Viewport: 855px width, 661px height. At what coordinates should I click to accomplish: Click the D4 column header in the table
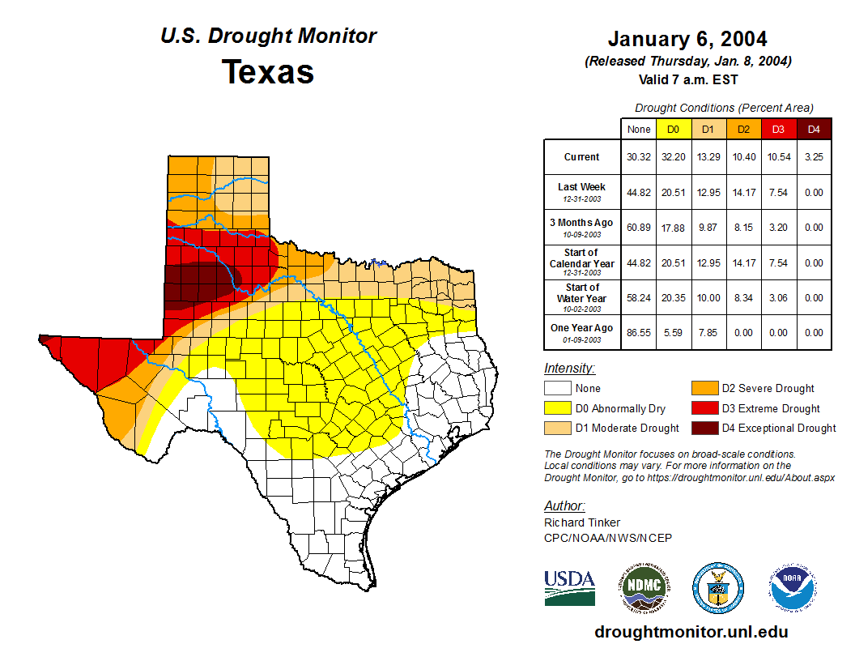click(x=814, y=129)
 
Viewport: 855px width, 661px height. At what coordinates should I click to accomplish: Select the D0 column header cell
click(x=673, y=129)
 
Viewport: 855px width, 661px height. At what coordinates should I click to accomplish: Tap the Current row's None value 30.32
click(x=638, y=157)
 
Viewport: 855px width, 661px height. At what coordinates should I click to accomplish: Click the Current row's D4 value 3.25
click(x=814, y=157)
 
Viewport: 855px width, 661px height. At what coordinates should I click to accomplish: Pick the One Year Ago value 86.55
click(x=638, y=332)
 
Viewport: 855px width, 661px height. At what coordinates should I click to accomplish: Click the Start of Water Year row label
click(x=582, y=297)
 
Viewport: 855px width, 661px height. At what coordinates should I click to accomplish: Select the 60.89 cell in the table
click(x=638, y=228)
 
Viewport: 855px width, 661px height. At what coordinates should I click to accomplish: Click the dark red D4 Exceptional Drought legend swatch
click(x=704, y=428)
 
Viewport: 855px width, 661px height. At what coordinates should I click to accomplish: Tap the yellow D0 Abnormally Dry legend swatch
click(x=557, y=408)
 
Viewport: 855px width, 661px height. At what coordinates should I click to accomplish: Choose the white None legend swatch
click(x=557, y=389)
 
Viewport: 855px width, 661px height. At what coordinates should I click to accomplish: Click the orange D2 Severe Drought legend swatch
click(x=704, y=389)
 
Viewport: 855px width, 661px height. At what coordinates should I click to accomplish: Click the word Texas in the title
click(x=268, y=72)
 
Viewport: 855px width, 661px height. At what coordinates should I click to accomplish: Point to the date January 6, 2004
click(x=687, y=40)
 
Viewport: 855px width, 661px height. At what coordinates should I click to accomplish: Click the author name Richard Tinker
click(x=582, y=522)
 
